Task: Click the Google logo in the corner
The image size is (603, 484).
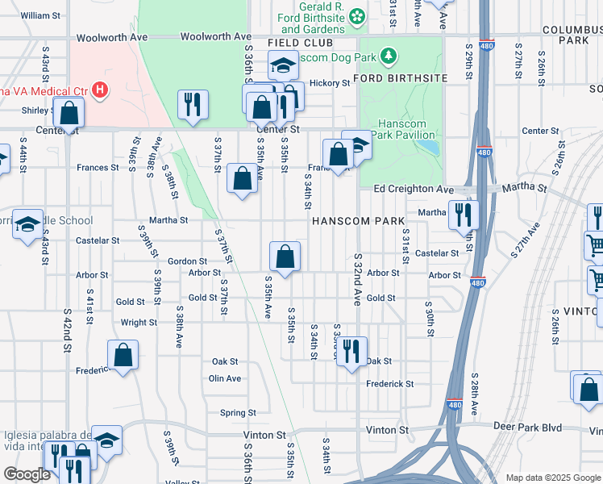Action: point(27,474)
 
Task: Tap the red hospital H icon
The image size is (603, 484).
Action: point(100,89)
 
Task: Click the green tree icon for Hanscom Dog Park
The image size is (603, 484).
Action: point(389,56)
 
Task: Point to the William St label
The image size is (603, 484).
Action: point(40,15)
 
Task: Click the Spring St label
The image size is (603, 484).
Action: point(238,413)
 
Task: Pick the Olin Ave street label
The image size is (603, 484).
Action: point(225,378)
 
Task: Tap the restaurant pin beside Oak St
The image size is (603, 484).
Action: point(351,351)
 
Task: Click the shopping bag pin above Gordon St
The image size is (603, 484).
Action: point(285,257)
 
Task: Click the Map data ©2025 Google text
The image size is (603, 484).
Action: point(552,478)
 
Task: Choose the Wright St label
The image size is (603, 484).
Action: point(139,323)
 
